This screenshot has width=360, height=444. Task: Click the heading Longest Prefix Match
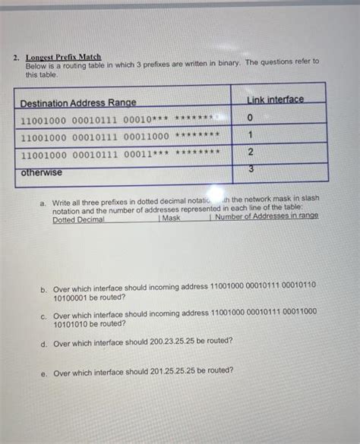coord(63,57)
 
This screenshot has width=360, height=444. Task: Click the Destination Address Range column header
coord(78,102)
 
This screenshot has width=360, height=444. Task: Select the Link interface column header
coord(274,99)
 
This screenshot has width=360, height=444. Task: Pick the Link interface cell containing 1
coord(250,135)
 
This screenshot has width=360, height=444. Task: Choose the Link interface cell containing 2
coord(250,153)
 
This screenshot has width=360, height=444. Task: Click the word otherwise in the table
coord(42,172)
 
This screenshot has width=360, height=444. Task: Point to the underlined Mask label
coord(172,219)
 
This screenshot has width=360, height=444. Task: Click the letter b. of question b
coord(45,289)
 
